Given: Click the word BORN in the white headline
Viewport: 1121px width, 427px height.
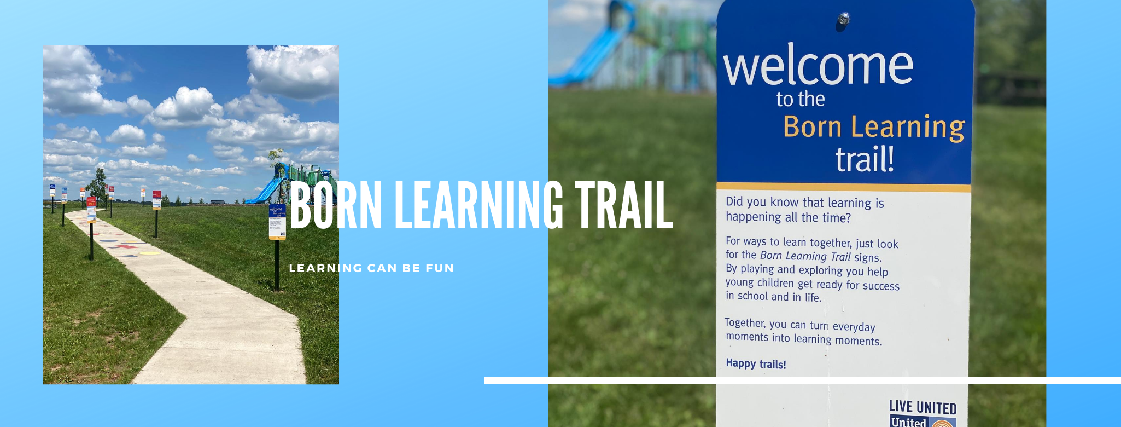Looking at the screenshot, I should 335,205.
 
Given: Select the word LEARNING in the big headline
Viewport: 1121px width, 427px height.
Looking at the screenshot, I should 478,205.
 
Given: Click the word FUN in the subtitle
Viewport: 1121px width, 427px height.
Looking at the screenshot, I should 440,268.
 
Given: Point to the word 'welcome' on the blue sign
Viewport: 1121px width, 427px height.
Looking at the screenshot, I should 818,66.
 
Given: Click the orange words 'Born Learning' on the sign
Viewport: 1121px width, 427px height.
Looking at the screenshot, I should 874,127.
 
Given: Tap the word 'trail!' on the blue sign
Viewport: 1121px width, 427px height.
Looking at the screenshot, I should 865,159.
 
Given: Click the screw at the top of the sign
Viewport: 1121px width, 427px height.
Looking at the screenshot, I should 843,20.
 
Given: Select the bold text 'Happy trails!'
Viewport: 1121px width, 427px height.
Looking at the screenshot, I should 756,363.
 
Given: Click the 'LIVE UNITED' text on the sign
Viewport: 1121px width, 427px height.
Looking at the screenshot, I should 923,407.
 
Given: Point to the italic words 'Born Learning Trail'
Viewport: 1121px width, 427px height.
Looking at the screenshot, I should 805,256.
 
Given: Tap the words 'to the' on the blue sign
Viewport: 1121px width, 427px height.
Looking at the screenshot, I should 801,99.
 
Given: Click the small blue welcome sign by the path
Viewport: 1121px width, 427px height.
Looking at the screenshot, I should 277,221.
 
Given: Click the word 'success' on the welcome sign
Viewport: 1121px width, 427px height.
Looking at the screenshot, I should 880,286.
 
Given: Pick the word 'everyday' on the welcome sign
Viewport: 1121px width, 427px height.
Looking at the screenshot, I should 854,327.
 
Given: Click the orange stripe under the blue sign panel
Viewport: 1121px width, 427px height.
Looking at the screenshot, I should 843,187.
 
